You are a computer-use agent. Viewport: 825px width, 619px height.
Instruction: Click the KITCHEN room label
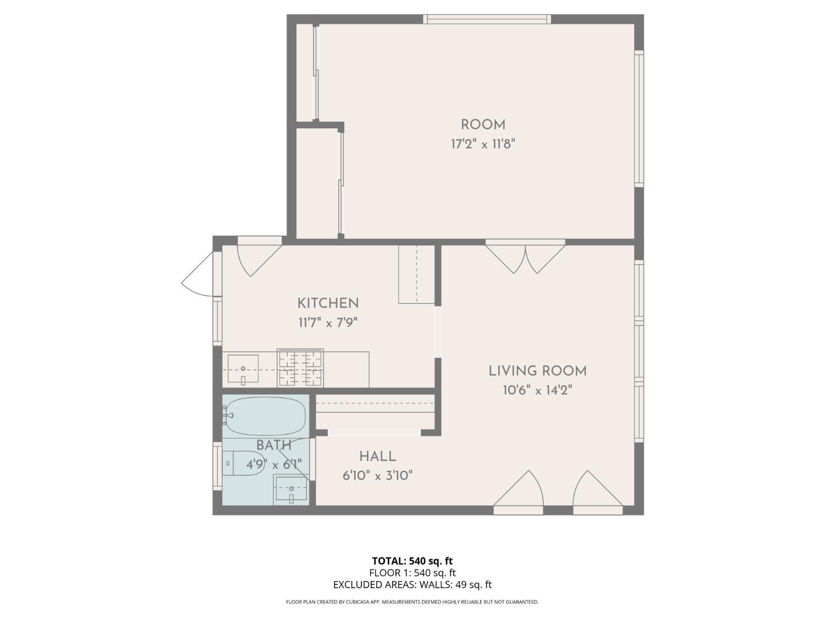tap(328, 303)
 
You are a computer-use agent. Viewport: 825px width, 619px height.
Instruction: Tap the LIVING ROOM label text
tap(537, 371)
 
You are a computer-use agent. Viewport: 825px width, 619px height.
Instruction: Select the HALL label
tap(377, 456)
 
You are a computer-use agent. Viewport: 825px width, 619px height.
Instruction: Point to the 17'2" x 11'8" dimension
tap(483, 145)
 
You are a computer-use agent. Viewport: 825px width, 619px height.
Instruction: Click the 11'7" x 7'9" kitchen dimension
tap(328, 322)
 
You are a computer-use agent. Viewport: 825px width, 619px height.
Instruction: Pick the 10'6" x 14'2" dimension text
tap(537, 391)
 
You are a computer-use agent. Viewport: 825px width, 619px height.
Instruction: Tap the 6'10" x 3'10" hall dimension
tap(377, 475)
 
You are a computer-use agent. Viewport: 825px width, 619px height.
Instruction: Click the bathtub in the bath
tap(265, 416)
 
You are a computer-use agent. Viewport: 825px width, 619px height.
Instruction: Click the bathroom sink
tap(291, 489)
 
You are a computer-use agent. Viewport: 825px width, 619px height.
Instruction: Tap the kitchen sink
tap(243, 369)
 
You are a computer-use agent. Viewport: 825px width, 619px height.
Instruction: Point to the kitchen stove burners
tap(300, 368)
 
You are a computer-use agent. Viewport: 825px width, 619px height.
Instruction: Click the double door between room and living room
tap(525, 258)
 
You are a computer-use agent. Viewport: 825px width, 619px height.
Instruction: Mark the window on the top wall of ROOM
tap(487, 19)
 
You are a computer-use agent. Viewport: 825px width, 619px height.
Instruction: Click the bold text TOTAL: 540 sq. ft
tap(412, 561)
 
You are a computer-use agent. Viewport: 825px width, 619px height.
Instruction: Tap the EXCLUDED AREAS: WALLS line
tap(412, 585)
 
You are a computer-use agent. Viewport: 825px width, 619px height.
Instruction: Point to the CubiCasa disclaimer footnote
tap(412, 602)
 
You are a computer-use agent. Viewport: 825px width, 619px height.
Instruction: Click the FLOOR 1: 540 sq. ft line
tap(412, 573)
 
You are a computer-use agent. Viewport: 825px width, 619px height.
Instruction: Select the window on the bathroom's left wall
tap(217, 467)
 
